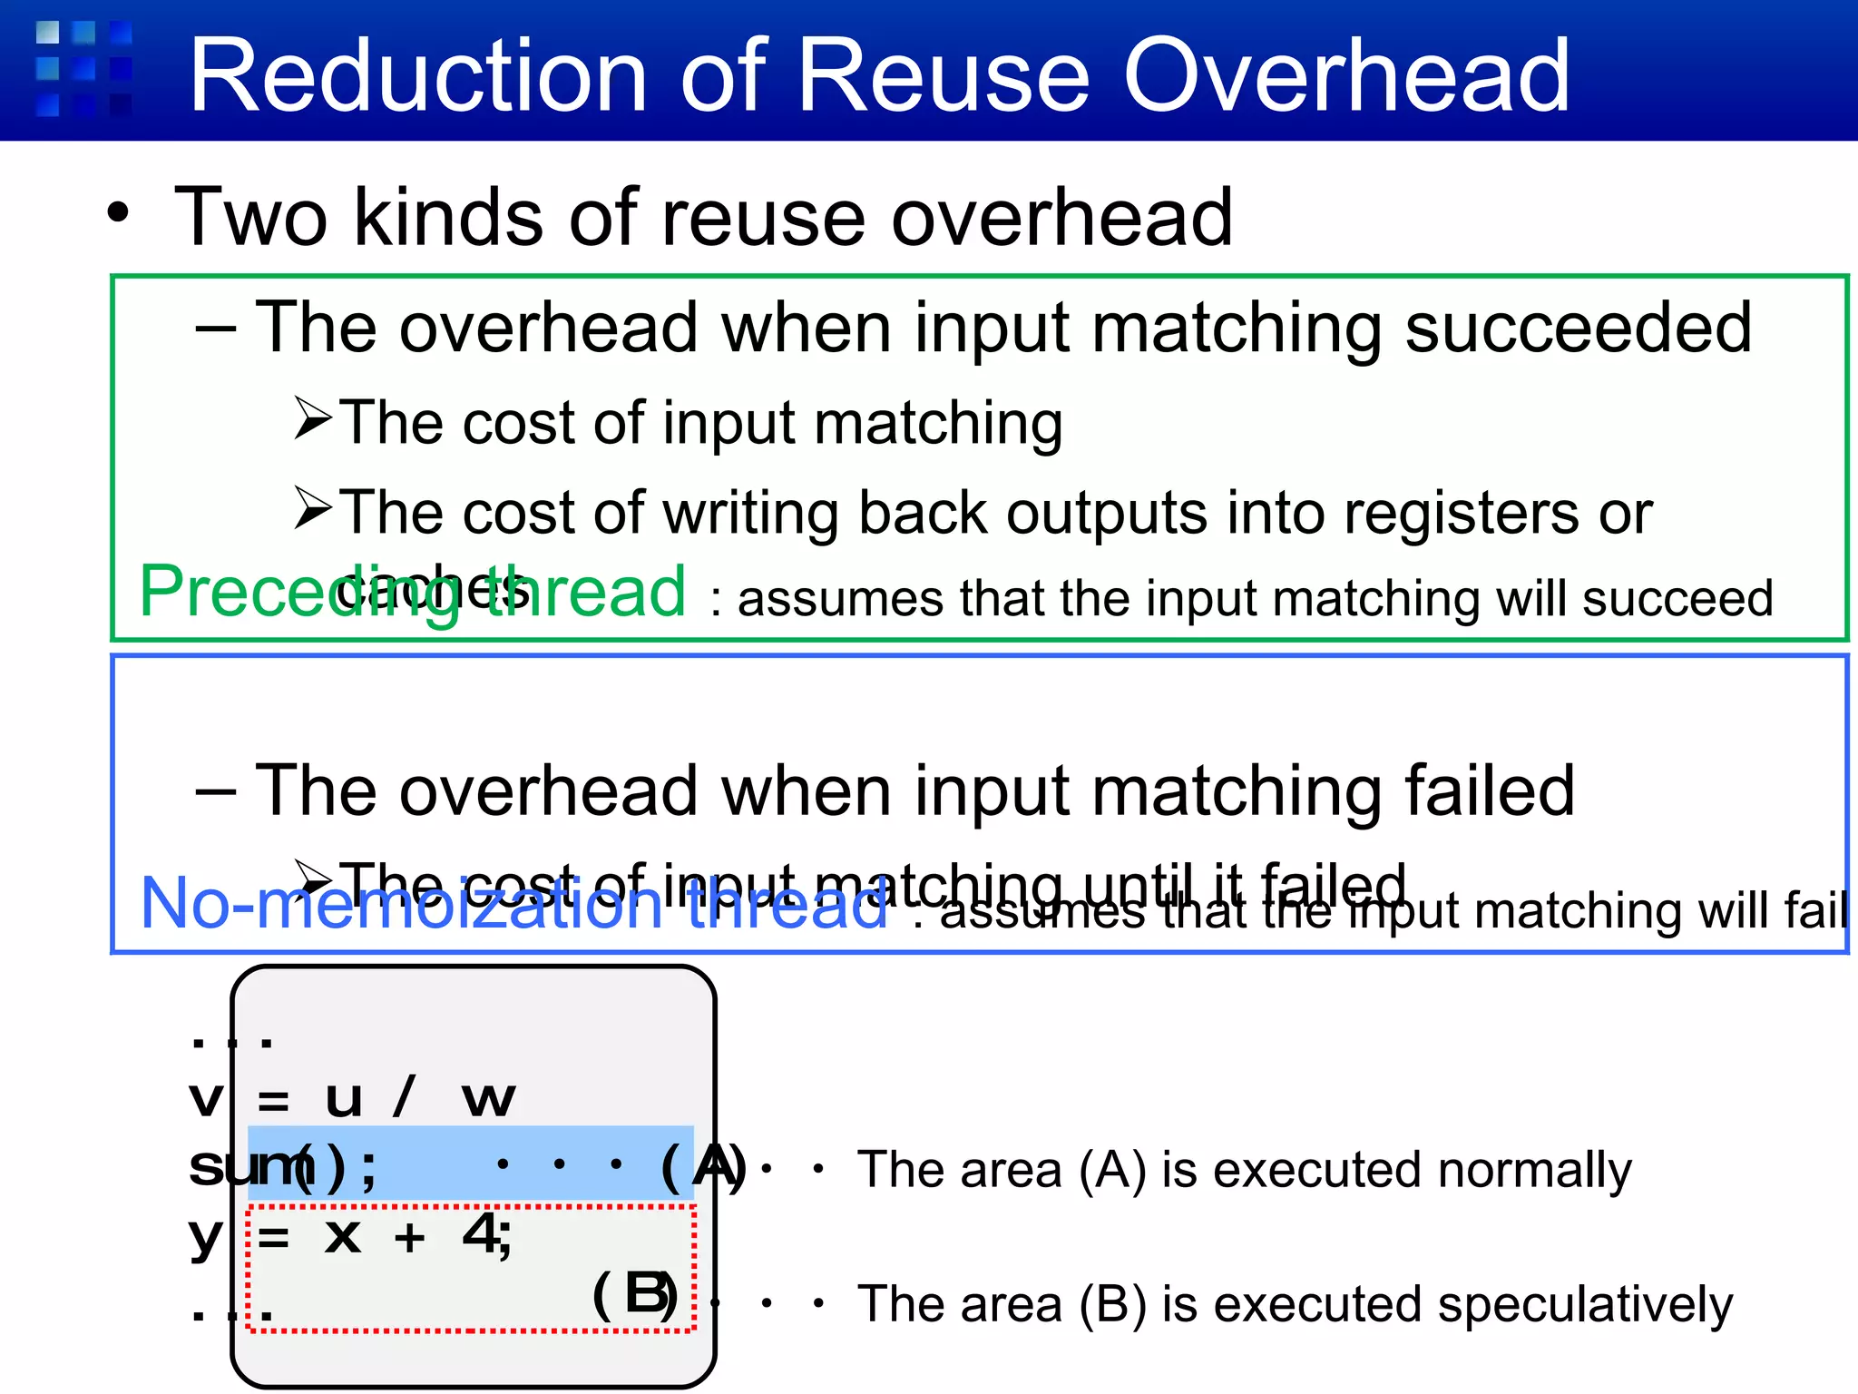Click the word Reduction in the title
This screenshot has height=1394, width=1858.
[417, 76]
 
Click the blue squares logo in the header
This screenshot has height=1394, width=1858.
[83, 69]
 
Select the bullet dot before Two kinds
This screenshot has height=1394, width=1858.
[118, 214]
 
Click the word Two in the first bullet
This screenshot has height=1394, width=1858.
[250, 218]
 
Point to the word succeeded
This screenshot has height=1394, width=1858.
[1579, 329]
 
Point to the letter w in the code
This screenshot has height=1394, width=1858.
[488, 1099]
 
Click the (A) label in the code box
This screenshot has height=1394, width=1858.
[706, 1167]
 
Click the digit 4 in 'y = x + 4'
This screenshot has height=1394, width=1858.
[481, 1234]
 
